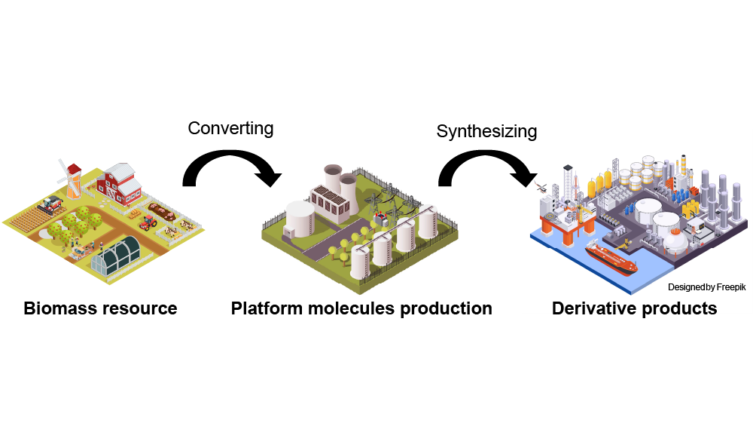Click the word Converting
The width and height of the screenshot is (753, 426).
click(x=230, y=128)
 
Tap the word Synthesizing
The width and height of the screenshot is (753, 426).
click(x=486, y=131)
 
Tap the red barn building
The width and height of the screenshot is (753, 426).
click(x=120, y=184)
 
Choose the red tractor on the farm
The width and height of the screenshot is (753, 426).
click(x=148, y=222)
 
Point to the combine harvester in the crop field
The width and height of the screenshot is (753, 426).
click(x=51, y=204)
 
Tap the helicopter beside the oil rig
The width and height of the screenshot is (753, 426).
click(x=539, y=185)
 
